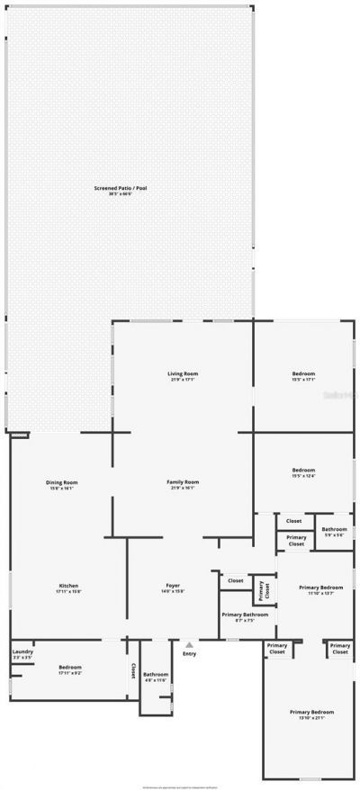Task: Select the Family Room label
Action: tap(183, 484)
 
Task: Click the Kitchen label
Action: tap(69, 588)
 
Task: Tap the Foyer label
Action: tap(173, 588)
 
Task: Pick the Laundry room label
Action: tap(22, 655)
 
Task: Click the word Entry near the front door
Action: tap(189, 653)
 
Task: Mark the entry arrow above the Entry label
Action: tap(189, 644)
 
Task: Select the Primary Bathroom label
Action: tap(245, 617)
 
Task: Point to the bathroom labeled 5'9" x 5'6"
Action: tap(335, 532)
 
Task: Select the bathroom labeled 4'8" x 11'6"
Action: tap(156, 677)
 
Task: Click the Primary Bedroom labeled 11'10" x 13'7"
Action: tap(321, 589)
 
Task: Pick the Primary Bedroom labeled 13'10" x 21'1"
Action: tap(306, 714)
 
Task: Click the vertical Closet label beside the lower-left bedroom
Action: tap(133, 670)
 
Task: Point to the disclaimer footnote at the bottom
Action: tap(180, 786)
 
